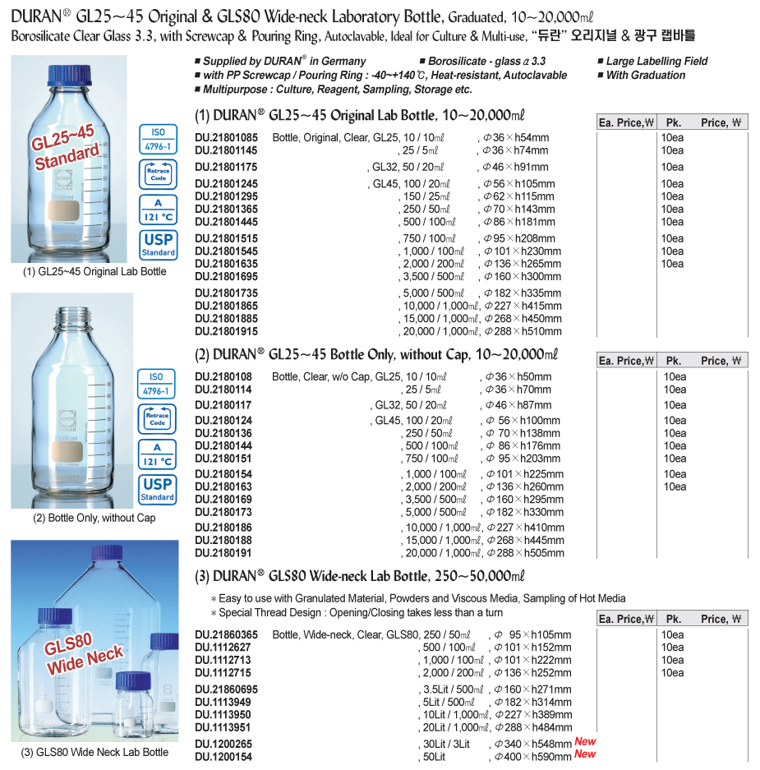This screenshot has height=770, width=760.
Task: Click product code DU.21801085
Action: (226, 138)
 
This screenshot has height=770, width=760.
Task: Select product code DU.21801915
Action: (226, 332)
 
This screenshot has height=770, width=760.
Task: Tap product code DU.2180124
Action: (223, 421)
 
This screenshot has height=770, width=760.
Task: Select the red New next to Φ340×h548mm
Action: (585, 741)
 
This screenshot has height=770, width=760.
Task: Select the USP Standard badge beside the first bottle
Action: (158, 244)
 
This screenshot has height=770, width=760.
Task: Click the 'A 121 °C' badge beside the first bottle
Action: (158, 210)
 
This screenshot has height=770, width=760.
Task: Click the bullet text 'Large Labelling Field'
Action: (656, 61)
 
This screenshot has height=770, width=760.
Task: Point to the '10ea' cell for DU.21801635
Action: (672, 264)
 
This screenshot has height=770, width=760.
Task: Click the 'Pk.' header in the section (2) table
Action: (674, 361)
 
